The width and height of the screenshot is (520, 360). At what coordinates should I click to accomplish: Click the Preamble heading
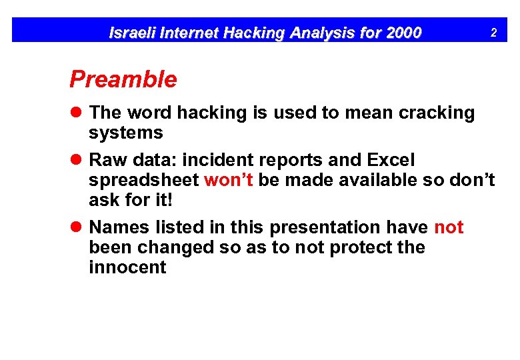[x=123, y=80]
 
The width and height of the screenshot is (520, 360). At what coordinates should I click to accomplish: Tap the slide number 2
[x=493, y=32]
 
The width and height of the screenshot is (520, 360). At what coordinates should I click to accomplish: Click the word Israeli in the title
[x=131, y=32]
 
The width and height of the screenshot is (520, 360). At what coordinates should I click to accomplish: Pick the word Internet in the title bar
[x=187, y=32]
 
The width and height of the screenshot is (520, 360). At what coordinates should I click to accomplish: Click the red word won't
[x=228, y=181]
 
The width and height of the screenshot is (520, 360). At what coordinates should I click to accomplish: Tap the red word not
[x=449, y=227]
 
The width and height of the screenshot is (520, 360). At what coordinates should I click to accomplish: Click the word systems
[x=126, y=133]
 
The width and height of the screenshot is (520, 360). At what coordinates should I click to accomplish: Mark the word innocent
[x=127, y=267]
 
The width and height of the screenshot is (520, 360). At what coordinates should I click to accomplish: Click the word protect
[x=358, y=247]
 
